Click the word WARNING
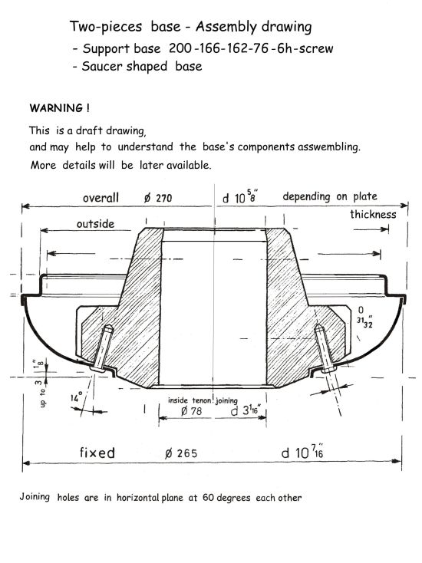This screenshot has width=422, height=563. pos(56,107)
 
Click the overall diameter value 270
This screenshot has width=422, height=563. pos(163,198)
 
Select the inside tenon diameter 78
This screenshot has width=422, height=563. pos(196,410)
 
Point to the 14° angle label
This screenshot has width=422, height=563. pos(76,397)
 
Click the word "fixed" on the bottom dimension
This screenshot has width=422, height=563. pos(97,453)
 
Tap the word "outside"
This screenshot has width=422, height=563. pos(95,224)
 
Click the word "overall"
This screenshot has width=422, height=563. pos(101,197)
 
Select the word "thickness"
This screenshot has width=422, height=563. pos(373,214)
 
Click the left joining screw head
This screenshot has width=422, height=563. pos(97,368)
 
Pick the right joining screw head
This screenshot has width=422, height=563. pos(328,369)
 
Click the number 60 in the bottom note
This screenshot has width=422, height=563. pos(208,498)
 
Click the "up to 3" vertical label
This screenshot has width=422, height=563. pos(41,393)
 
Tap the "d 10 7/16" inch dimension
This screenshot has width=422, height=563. pos(302,452)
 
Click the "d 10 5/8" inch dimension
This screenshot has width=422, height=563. pos(240,196)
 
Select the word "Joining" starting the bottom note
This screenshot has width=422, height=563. pos(35,497)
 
